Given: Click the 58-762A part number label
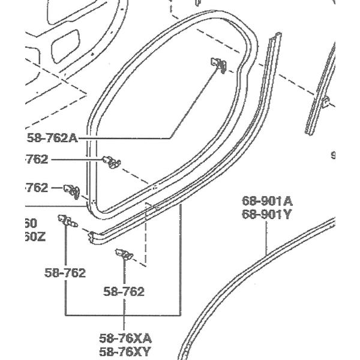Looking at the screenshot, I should pyautogui.click(x=53, y=138).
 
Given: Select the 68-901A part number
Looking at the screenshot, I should pyautogui.click(x=267, y=201).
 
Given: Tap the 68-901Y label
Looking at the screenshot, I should pyautogui.click(x=267, y=214).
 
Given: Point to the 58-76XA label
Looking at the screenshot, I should pyautogui.click(x=125, y=338).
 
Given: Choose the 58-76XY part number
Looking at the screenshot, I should pyautogui.click(x=125, y=351).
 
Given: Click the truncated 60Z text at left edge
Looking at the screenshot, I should pyautogui.click(x=35, y=236).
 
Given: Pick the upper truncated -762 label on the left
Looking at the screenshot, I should pyautogui.click(x=37, y=160).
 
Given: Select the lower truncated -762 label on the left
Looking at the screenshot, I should pyautogui.click(x=37, y=188).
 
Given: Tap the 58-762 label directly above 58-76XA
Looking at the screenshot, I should pyautogui.click(x=124, y=292).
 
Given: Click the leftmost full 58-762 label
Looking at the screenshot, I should pyautogui.click(x=65, y=273).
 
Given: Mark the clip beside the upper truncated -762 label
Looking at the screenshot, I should pyautogui.click(x=111, y=161).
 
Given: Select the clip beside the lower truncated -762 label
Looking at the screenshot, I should pyautogui.click(x=71, y=191).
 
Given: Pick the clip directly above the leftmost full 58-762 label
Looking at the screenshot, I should pyautogui.click(x=67, y=221).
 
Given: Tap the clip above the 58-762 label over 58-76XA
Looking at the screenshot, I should pyautogui.click(x=124, y=254).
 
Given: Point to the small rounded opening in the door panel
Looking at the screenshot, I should pyautogui.click(x=65, y=45).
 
